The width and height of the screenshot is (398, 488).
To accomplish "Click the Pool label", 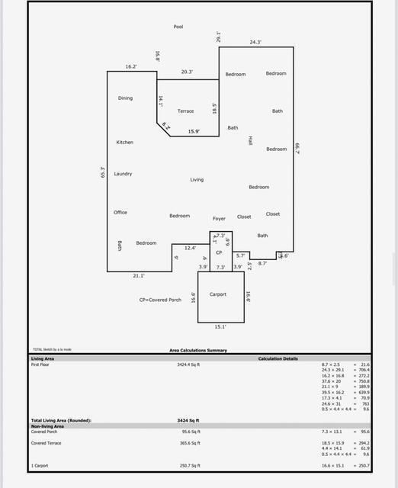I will click(178, 27).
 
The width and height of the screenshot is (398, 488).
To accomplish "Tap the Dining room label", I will click(125, 98).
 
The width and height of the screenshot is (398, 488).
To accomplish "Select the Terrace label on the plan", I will click(185, 111).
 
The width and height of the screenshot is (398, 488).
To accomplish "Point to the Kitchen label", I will click(124, 143).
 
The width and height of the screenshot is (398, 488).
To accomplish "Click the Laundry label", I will click(123, 174).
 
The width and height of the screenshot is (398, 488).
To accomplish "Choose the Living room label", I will click(197, 180).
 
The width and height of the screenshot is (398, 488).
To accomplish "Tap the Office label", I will click(120, 213).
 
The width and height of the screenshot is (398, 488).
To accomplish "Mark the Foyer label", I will click(219, 219).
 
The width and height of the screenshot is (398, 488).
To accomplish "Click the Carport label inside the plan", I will click(218, 294).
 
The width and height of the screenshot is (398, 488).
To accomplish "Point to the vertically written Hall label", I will click(249, 141).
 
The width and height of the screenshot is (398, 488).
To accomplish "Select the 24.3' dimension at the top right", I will click(255, 43).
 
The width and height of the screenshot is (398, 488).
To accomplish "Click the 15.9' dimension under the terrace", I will click(194, 132).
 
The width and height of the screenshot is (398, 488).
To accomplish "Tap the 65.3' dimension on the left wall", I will click(102, 173).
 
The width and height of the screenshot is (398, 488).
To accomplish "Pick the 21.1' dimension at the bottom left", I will click(139, 276).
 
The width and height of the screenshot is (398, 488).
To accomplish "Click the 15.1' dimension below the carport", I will click(220, 326).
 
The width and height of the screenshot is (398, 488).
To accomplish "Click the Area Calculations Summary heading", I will click(197, 351).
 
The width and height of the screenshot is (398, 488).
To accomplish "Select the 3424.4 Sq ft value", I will click(188, 364).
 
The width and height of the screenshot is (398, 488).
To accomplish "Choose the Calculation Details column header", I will click(278, 358).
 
